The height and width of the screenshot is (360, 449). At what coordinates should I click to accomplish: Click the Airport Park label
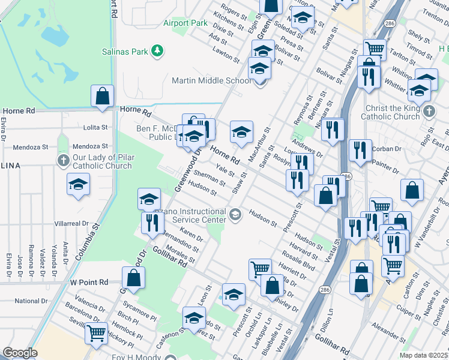pos(185,23)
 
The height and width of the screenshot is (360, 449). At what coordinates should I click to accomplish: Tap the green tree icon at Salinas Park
pos(157,51)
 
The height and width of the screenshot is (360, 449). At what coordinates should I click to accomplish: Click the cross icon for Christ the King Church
pos(428,112)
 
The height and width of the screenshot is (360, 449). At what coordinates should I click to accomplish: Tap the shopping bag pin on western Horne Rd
pos(102,96)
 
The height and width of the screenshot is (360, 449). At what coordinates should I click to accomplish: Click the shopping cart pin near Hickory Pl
pos(96,332)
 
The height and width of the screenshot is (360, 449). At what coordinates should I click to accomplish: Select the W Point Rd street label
pos(89,281)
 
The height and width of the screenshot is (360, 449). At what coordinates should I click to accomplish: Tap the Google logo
pos(20,353)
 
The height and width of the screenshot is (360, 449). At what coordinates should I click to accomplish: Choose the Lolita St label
pos(95,127)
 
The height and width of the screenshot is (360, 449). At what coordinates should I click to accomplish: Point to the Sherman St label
pos(209,178)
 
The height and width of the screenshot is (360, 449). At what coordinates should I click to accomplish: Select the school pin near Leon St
pos(234,294)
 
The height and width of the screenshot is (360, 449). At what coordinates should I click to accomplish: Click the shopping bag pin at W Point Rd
pos(133,278)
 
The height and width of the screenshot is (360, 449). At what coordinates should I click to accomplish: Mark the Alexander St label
pos(385,327)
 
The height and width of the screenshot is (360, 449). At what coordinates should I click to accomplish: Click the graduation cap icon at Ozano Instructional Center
pos(235,213)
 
